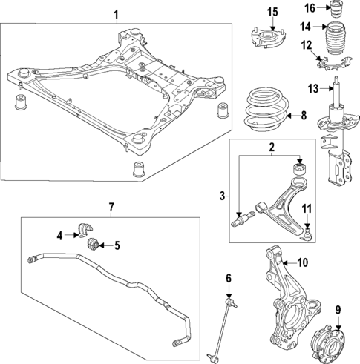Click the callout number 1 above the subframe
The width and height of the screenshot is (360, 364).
pos(115,14)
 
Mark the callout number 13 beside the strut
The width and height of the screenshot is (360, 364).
pos(312,90)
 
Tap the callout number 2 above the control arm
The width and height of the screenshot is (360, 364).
pos(272,147)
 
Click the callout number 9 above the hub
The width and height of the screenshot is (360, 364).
pos(338,310)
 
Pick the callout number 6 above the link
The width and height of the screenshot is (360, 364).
pos(229,278)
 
